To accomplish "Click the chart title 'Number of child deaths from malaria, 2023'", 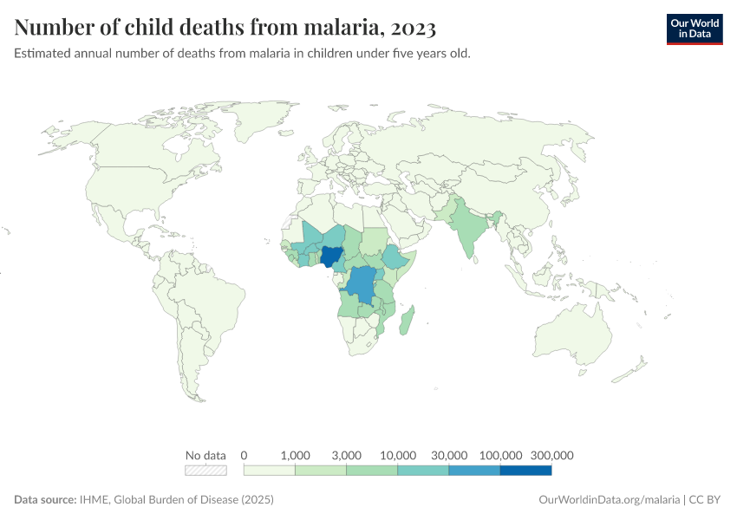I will [225, 29].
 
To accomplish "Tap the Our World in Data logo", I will [694, 29].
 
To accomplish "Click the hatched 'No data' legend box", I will [205, 471].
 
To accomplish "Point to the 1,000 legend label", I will [296, 455].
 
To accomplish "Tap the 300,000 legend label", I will [551, 455].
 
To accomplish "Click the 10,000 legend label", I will [398, 455].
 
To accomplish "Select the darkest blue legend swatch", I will [525, 471].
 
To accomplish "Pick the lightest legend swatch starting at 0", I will [270, 471].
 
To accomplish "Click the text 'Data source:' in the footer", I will [44, 500].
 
